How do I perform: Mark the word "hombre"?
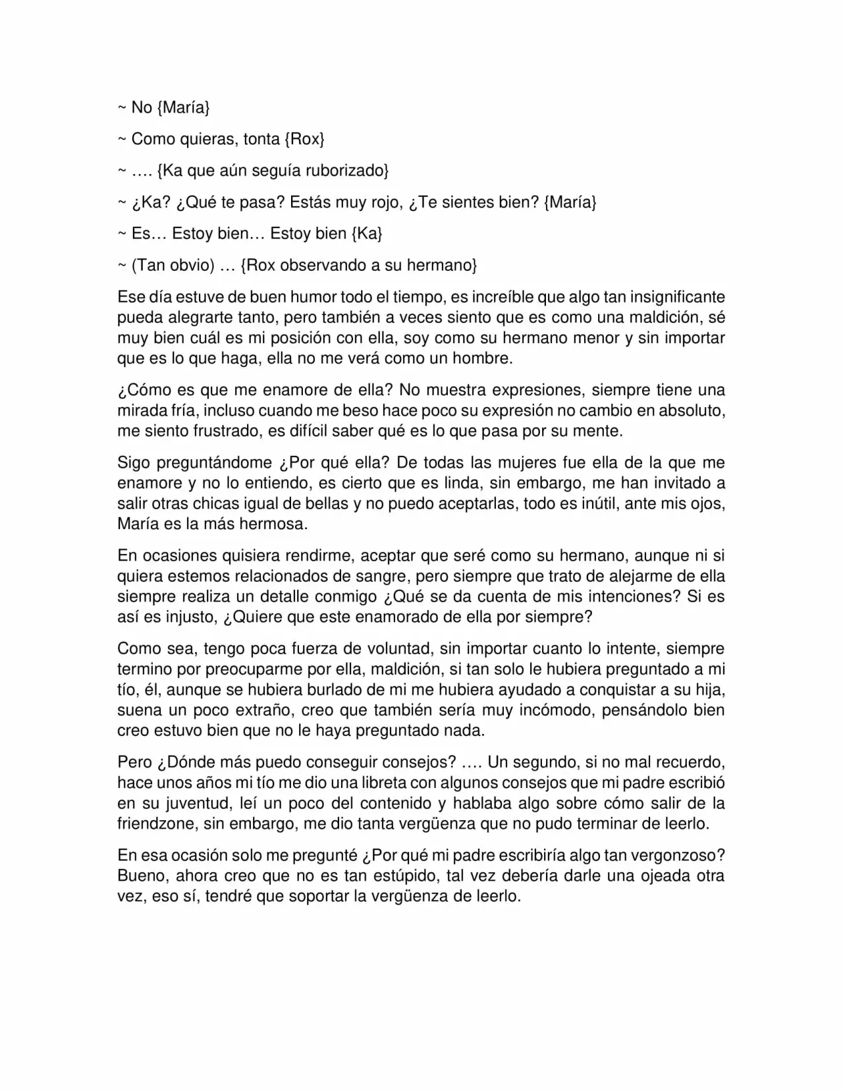point(486,358)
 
